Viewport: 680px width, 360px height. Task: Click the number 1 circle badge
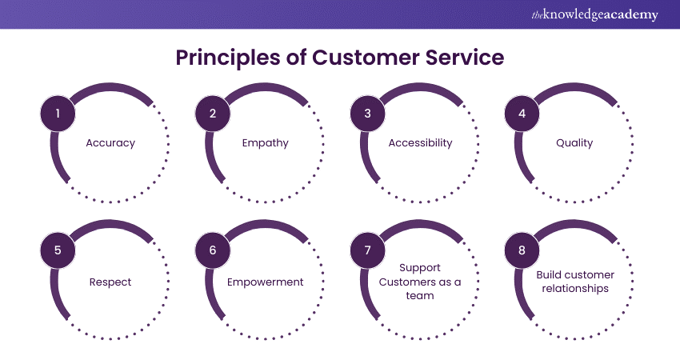58,113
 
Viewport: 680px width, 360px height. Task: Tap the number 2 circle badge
213,113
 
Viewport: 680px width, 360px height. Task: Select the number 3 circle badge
368,113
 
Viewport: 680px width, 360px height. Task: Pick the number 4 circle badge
522,113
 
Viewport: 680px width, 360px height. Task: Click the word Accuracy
110,143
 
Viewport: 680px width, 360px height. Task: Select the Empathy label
265,143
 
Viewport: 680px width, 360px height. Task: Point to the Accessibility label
420,143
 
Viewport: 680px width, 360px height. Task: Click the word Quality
574,143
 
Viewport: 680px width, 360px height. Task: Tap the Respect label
110,282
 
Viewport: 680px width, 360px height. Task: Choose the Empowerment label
265,282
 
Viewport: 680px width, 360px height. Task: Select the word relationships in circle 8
574,289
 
